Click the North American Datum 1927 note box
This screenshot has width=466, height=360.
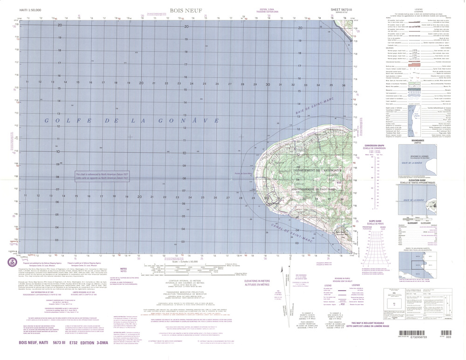pyautogui.click(x=101, y=177)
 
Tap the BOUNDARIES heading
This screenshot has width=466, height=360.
pyautogui.click(x=416, y=140)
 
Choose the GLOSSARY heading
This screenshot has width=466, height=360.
pyautogui.click(x=409, y=223)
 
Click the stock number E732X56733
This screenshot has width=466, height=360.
pyautogui.click(x=423, y=354)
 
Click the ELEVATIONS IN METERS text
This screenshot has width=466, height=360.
pyautogui.click(x=256, y=282)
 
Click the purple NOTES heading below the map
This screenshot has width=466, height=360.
pyautogui.click(x=123, y=269)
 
